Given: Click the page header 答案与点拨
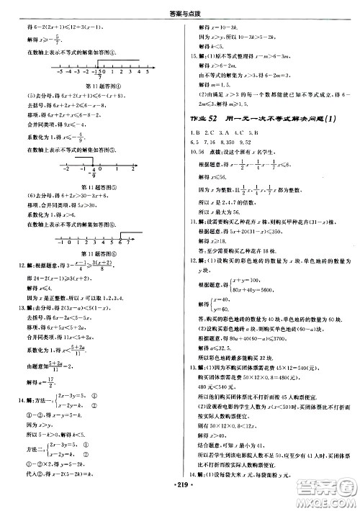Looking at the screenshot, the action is point(179,10).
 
